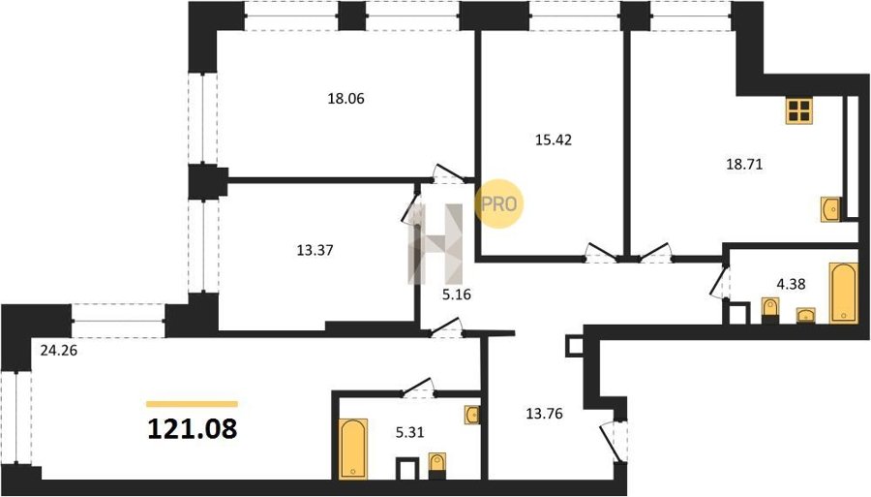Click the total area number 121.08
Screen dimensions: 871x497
(193, 428)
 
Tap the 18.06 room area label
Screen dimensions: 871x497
(345, 99)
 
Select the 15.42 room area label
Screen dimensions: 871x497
(554, 140)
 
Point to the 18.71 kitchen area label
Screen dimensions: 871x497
(744, 164)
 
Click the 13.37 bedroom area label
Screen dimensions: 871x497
(315, 250)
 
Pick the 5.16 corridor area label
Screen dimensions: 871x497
(456, 295)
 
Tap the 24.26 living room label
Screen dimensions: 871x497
(58, 351)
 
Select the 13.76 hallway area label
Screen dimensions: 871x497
(544, 414)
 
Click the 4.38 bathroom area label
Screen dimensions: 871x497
(791, 285)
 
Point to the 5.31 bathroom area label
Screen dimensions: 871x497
(410, 431)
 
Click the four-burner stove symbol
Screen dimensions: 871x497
(799, 110)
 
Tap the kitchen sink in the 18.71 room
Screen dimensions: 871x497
(830, 209)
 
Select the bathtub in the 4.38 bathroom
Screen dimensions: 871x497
(843, 293)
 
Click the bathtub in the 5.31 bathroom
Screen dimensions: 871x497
(352, 449)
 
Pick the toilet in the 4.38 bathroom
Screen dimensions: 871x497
(770, 310)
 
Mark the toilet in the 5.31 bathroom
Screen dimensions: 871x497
(437, 466)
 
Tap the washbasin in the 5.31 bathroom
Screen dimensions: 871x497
(472, 415)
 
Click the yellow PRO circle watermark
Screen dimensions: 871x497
(498, 203)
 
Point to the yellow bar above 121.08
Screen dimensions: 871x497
(193, 404)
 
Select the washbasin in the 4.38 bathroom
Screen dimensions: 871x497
(805, 315)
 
